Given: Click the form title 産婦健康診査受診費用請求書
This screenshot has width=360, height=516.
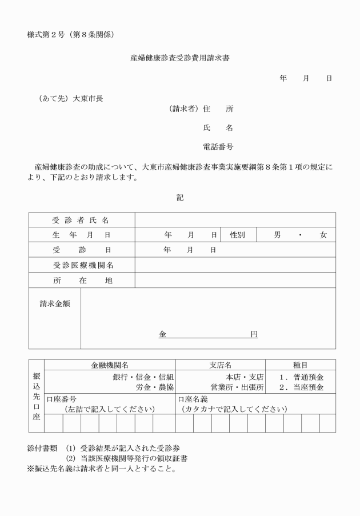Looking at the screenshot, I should (180, 58).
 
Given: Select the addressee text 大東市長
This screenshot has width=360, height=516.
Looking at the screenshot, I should (88, 98).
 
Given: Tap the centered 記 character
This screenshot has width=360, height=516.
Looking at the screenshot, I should (180, 197).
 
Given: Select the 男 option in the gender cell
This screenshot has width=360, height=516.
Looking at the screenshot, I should (277, 235).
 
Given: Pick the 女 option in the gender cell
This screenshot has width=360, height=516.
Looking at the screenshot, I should (323, 235).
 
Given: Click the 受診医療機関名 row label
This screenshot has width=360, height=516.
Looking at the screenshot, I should (83, 265).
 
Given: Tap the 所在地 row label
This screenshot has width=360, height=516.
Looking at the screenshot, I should (83, 281).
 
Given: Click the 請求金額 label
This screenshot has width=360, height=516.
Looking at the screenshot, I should (55, 304).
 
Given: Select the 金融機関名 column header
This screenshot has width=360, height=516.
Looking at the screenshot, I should (109, 365).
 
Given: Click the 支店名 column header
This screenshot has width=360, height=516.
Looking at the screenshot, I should (220, 365).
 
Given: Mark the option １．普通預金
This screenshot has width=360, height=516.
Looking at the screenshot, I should (302, 377).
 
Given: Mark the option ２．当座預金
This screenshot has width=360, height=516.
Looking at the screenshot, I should (302, 387).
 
